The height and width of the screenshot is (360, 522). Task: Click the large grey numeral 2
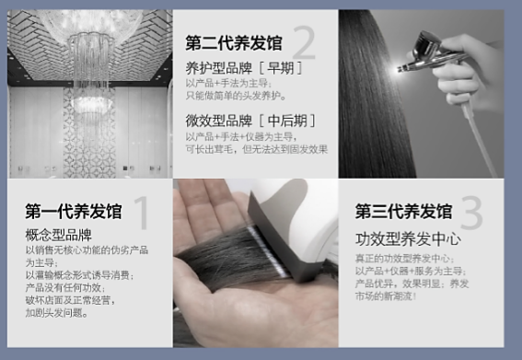304,43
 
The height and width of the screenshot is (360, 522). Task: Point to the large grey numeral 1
141,213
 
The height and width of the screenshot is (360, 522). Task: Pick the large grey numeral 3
470,214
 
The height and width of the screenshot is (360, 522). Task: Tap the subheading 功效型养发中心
408,239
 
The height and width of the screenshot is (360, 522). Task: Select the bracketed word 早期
280,67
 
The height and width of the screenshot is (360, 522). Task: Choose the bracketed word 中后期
287,121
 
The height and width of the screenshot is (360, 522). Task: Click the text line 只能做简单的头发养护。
237,95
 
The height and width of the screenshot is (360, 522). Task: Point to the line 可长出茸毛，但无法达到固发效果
256,148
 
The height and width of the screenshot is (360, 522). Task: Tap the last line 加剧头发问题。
58,312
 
